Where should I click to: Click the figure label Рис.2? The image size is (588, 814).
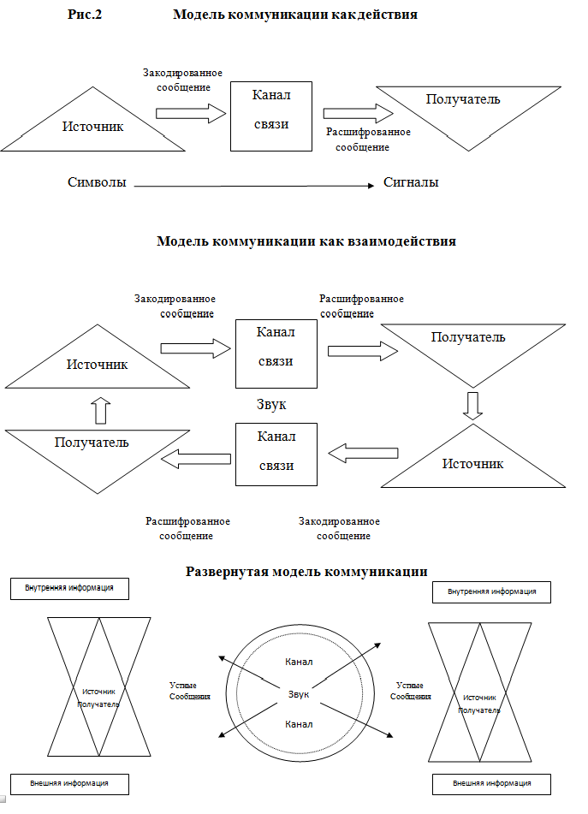86,15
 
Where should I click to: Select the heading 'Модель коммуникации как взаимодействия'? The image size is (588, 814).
306,241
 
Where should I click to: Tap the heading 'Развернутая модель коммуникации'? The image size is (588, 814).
306,571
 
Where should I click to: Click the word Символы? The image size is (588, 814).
98,182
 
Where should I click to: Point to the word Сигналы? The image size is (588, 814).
411,182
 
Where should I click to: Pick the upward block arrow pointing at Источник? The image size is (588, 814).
100,410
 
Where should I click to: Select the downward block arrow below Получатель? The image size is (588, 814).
472,407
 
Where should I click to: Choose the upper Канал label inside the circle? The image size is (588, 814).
298,662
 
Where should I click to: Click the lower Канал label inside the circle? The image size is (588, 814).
298,724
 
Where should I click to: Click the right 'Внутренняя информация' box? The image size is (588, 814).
492,591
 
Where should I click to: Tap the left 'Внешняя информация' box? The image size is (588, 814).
69,783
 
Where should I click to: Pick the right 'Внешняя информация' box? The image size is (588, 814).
491,783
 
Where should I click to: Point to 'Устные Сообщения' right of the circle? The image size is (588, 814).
411,691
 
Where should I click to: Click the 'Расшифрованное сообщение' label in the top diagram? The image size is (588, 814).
369,140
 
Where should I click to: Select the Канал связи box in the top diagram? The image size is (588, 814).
271,116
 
